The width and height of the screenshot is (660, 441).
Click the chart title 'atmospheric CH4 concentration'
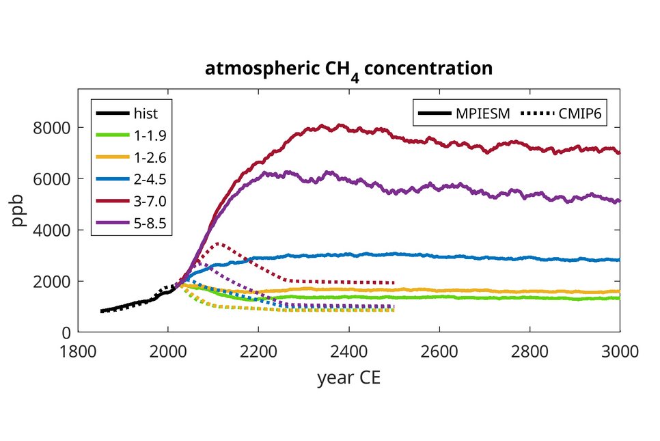(x=348, y=69)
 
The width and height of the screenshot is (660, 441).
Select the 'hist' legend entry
(x=145, y=113)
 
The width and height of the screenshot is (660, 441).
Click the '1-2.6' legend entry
(x=150, y=159)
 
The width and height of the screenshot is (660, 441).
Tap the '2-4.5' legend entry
(x=150, y=181)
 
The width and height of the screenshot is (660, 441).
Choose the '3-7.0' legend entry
(x=150, y=204)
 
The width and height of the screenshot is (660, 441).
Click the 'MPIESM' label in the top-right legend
(x=483, y=113)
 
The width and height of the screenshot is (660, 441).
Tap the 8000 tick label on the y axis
(x=52, y=128)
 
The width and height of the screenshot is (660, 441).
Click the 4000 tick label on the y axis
(x=52, y=230)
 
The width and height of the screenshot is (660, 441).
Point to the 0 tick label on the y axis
(x=66, y=333)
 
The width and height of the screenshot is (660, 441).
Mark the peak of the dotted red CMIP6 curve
(x=217, y=243)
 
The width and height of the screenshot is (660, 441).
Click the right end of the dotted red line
(x=394, y=282)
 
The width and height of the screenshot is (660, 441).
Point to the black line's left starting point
(x=101, y=311)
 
